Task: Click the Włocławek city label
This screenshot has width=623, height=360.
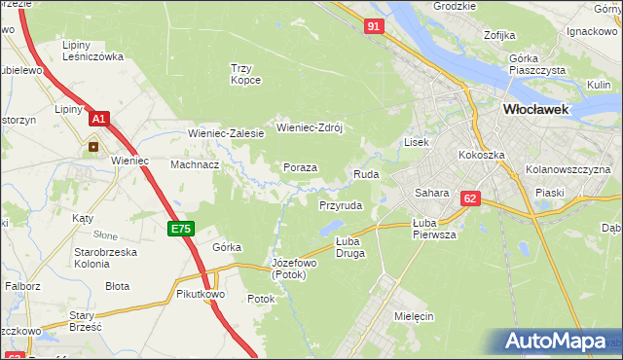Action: click(534, 110)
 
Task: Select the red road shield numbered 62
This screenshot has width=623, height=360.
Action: click(471, 198)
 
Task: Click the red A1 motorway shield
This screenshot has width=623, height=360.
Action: click(98, 119)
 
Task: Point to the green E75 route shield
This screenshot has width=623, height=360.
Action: click(181, 229)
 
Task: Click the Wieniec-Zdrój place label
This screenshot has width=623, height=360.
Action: click(311, 126)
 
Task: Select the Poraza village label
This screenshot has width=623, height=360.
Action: click(301, 167)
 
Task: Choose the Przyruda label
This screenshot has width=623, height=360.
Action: click(341, 206)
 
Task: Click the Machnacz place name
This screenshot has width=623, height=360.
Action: click(195, 165)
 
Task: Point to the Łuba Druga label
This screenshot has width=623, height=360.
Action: click(348, 246)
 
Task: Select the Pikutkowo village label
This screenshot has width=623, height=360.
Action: click(201, 293)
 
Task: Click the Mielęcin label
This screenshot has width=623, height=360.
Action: click(414, 317)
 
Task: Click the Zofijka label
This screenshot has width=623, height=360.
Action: click(499, 35)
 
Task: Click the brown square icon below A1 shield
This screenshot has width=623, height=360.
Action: click(94, 147)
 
